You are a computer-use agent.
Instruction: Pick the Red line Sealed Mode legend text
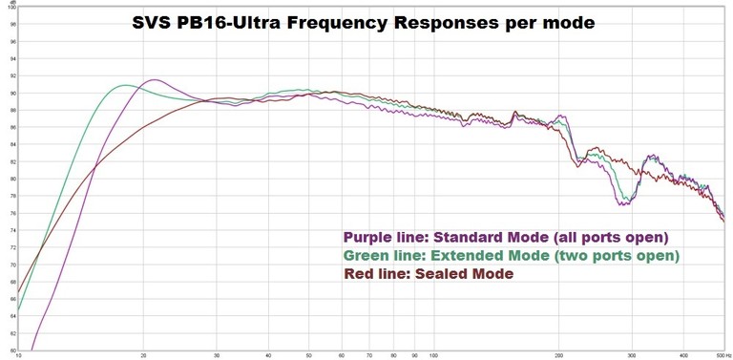428,274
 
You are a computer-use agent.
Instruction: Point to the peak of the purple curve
154,79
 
